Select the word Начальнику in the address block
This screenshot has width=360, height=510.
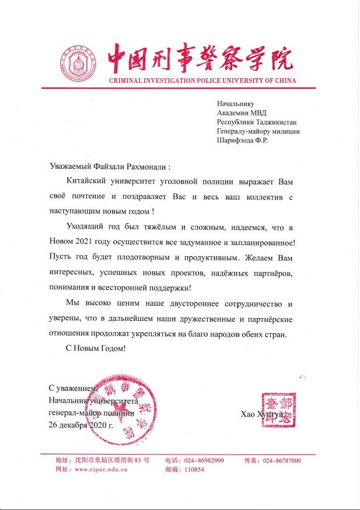point(236,104)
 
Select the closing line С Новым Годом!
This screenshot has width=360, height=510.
point(96,348)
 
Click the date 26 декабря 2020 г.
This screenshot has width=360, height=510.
point(81,425)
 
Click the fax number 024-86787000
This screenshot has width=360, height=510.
point(282,460)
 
